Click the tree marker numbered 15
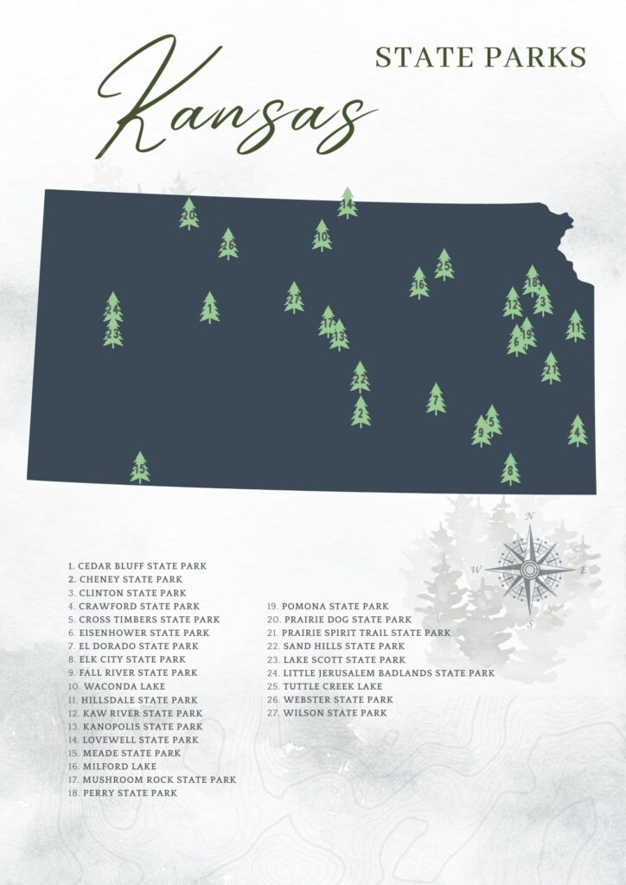click(140, 468)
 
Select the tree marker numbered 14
click(348, 203)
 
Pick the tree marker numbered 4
click(578, 430)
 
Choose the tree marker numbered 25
click(444, 264)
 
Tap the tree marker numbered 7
click(436, 399)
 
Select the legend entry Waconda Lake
click(112, 686)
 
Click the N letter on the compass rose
click(529, 516)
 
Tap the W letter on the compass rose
click(476, 570)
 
